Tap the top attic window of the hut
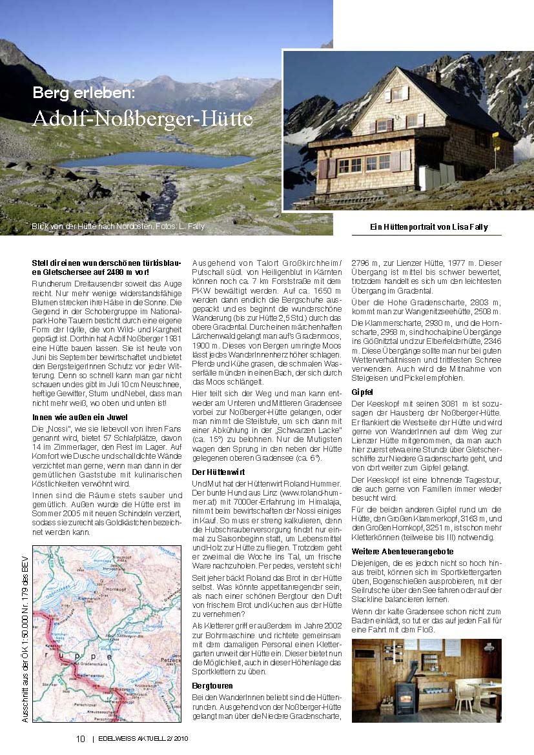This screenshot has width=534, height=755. tap(396, 94)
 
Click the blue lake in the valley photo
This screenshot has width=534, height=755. tap(155, 159)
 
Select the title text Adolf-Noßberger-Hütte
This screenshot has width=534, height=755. tap(142, 119)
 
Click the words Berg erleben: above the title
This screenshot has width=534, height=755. tap(84, 93)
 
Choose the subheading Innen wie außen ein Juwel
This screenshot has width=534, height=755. tap(80, 418)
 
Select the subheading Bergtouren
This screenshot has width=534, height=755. tap(212, 685)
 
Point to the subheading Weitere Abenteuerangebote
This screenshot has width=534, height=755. tap(394, 552)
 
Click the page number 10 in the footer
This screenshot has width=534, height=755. tap(81, 740)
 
